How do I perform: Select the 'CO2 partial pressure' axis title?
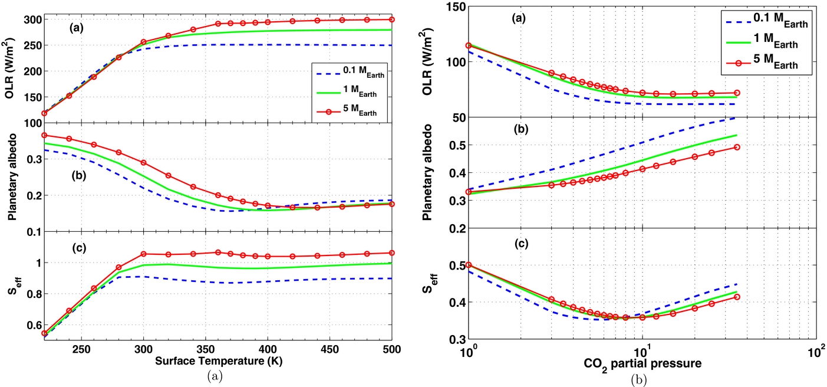643,365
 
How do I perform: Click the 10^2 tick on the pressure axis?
816,352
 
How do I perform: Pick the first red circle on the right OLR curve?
469,45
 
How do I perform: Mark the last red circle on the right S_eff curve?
737,297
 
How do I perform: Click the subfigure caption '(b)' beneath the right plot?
643,379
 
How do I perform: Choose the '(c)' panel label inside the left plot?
78,247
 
